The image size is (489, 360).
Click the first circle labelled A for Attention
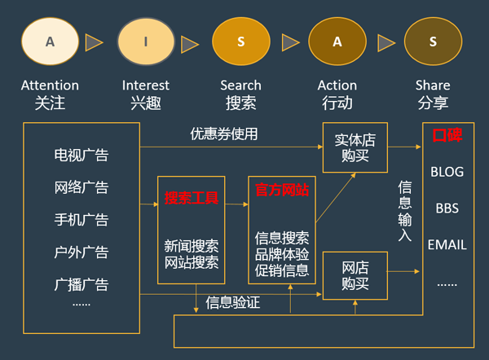pos(50,42)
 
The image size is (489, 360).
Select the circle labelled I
pos(146,42)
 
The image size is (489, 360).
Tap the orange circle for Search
pos(241,42)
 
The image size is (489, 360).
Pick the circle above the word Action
pos(337,42)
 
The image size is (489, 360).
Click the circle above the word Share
pos(433,42)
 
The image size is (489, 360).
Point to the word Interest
pos(146,85)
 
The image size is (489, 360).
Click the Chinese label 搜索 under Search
pos(240,103)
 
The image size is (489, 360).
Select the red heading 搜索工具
pos(191,197)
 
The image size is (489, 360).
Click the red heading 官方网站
pos(282,190)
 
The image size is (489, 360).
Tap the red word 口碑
pos(447,135)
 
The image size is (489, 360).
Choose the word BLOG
pos(447,172)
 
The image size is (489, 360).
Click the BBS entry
pos(447,208)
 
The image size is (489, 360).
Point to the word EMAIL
pos(447,244)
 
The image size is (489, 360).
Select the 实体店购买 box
pos(355,148)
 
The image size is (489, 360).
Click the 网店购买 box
pos(355,275)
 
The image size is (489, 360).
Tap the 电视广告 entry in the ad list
pos(81,155)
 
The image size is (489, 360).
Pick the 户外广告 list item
pos(81,252)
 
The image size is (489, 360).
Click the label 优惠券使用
pos(224,134)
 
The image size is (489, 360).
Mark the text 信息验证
pos(234,303)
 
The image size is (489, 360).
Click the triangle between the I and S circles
pos(190,42)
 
